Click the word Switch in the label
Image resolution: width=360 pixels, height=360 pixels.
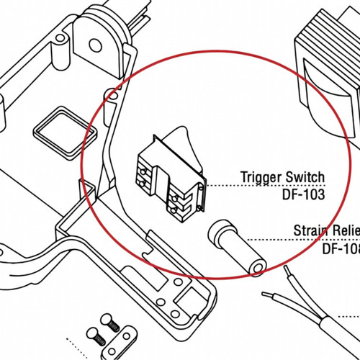click(x=305, y=177)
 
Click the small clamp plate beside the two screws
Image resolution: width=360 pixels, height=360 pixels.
click(x=128, y=332)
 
